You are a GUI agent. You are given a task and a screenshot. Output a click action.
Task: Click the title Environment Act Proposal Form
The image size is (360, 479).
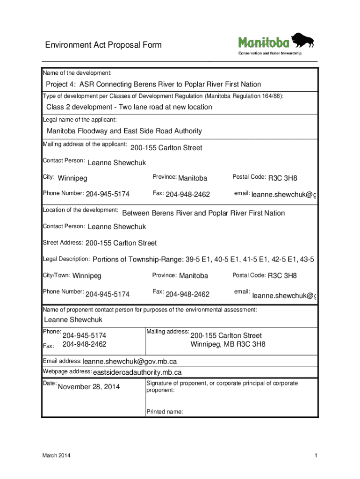(x=103, y=45)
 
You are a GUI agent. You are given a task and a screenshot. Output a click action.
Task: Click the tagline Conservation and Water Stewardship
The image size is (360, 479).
(x=270, y=53)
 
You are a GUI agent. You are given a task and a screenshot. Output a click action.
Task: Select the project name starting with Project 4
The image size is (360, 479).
(x=153, y=84)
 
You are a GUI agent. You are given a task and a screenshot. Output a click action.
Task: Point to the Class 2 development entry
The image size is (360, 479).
(x=129, y=107)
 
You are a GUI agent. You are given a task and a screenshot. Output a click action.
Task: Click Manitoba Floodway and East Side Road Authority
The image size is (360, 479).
(x=124, y=131)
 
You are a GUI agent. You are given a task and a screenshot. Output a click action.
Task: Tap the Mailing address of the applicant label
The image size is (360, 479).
(x=85, y=144)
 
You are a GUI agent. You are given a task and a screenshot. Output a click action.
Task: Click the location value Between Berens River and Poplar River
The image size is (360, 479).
(x=203, y=213)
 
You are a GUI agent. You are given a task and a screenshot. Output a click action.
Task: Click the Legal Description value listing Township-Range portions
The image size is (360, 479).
(x=203, y=260)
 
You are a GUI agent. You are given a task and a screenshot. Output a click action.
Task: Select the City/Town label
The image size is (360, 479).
(x=57, y=275)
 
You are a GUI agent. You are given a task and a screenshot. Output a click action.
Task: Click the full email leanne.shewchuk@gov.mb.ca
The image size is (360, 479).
(x=130, y=362)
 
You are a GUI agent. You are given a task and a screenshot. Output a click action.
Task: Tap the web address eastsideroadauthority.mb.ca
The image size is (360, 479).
(x=137, y=372)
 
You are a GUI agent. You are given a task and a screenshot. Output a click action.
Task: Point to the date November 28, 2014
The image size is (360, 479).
(x=88, y=387)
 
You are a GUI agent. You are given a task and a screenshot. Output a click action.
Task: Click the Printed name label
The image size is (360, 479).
(x=164, y=412)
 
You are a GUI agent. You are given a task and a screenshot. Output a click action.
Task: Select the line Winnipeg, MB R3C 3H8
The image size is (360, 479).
(x=228, y=344)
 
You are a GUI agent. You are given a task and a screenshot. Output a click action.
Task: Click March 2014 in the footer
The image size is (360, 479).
(x=57, y=456)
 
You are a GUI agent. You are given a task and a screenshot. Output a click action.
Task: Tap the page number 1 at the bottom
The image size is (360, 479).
(x=316, y=456)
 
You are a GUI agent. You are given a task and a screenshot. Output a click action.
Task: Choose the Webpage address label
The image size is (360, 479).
(x=67, y=371)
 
